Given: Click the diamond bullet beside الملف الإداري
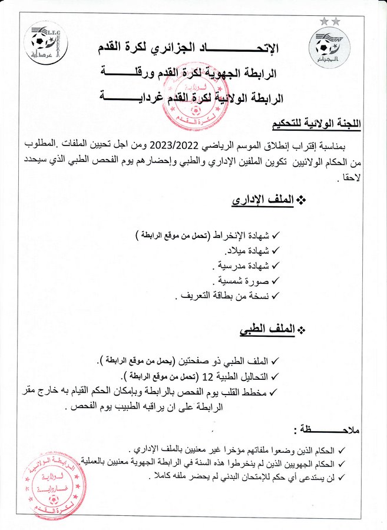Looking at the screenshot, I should point(302,201).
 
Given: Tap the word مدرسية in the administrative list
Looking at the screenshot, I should point(230,266).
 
